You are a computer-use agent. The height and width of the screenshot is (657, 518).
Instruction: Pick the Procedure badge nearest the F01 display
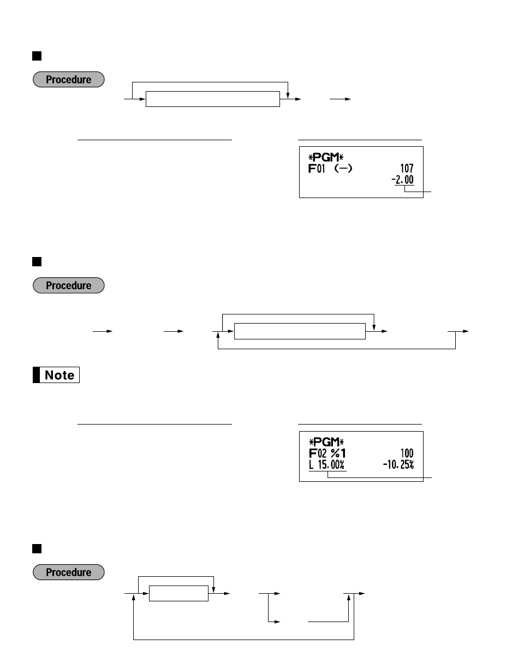[x=68, y=80]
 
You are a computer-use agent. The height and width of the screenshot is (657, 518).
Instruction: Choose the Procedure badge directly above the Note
[x=68, y=285]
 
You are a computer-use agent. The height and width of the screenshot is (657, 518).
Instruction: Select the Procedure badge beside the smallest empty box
[x=68, y=572]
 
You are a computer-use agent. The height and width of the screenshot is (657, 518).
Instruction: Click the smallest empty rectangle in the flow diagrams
[x=179, y=594]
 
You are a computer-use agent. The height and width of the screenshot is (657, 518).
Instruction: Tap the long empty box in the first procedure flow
[x=212, y=99]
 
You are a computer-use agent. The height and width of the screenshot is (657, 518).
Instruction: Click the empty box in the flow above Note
[x=300, y=331]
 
